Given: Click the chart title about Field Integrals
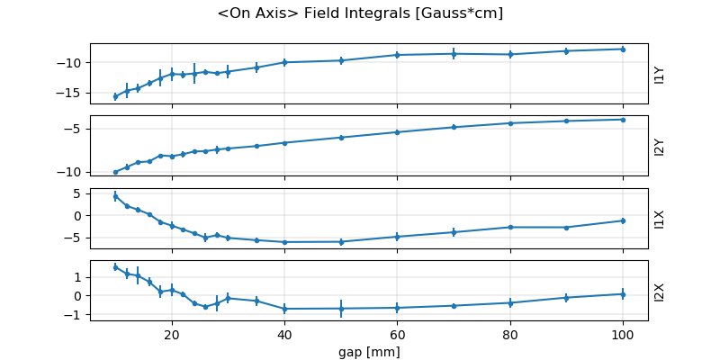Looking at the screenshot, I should click(360, 13).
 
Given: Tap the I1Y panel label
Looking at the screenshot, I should click(660, 74).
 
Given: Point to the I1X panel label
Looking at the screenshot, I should click(660, 218).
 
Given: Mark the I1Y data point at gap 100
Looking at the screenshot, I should click(623, 49).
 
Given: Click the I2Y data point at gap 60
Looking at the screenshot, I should click(397, 132).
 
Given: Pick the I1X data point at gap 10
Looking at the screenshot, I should click(115, 196).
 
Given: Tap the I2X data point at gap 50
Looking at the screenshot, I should click(341, 309).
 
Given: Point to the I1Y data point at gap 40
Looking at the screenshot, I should click(284, 62).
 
